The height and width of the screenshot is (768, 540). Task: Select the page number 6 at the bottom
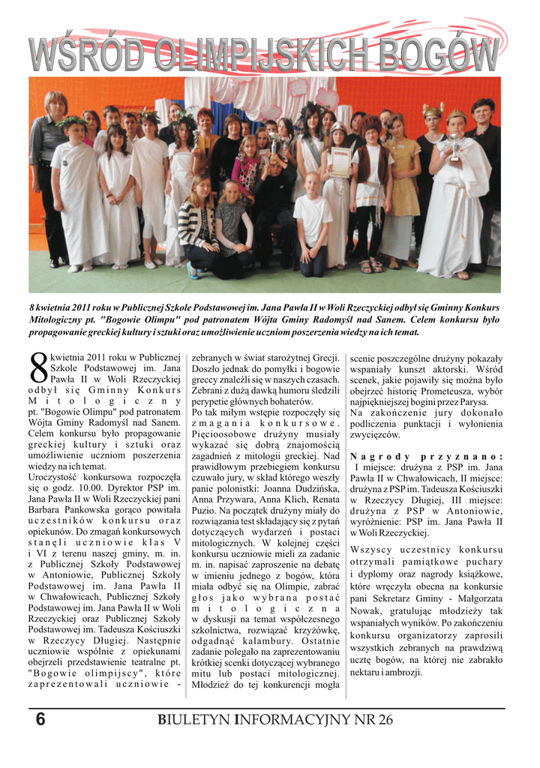coord(40,720)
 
